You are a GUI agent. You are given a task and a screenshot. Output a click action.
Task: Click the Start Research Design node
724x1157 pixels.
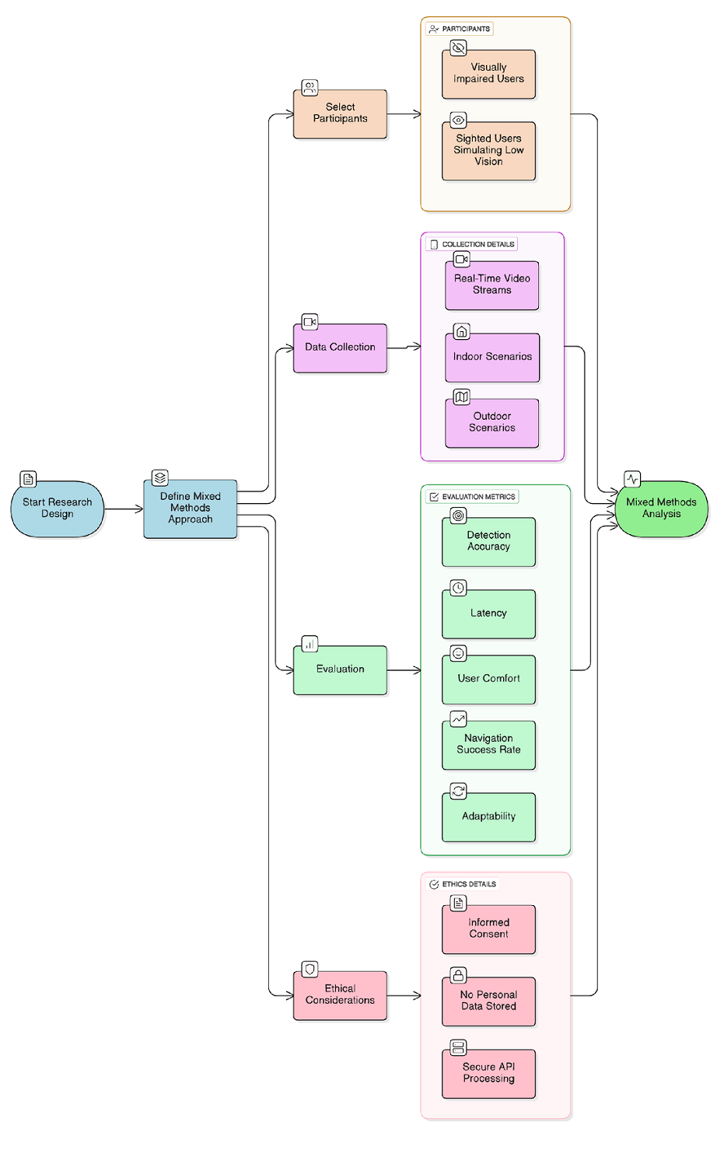tap(57, 509)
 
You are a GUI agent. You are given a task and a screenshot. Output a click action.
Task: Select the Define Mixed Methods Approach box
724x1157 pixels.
tap(190, 509)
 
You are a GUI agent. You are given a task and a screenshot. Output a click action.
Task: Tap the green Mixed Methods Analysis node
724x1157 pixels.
tap(661, 509)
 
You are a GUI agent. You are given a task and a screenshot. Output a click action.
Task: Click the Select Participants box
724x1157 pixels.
tap(340, 114)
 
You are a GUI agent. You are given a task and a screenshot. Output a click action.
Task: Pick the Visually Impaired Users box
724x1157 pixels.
tap(488, 74)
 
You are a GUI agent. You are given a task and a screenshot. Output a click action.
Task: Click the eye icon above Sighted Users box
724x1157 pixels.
tap(459, 120)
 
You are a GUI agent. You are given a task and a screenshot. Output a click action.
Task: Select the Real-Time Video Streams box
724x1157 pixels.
tap(491, 285)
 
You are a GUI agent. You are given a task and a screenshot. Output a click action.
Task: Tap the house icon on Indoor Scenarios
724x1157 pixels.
tap(462, 332)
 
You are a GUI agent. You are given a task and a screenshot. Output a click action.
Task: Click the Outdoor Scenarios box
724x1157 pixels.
tap(491, 423)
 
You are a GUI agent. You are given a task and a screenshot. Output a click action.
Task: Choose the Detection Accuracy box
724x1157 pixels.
tap(488, 541)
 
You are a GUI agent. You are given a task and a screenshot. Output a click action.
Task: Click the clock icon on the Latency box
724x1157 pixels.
tap(459, 588)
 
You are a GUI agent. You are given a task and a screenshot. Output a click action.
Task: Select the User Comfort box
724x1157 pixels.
tap(488, 679)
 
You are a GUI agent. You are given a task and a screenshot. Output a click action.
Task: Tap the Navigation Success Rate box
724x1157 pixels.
tap(488, 745)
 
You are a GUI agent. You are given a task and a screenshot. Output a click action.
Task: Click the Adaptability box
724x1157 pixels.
tap(488, 816)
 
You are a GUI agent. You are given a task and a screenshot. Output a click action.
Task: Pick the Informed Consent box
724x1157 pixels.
tap(488, 928)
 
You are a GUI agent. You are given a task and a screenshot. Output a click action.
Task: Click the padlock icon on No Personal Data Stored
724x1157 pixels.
tap(459, 975)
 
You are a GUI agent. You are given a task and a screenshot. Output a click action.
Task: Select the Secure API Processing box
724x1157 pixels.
tap(488, 1073)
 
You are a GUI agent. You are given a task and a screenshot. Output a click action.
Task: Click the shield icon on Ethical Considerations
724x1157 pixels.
tap(310, 969)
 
